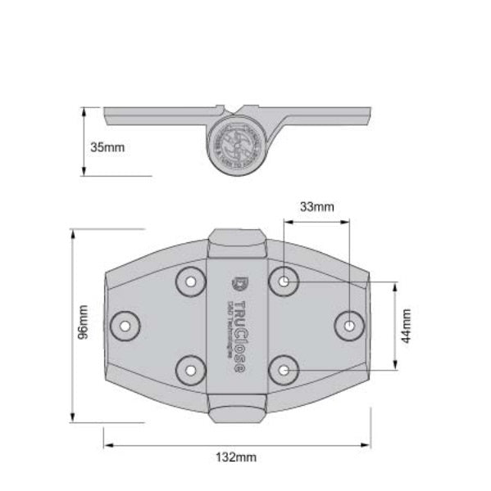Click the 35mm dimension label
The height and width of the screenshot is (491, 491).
(x=108, y=147)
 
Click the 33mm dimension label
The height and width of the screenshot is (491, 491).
(x=316, y=207)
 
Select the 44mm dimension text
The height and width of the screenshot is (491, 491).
(x=407, y=326)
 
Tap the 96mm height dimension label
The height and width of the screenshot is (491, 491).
(x=82, y=325)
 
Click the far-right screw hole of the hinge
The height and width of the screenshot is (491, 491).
(x=349, y=325)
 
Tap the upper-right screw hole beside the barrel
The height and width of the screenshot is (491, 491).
(x=284, y=282)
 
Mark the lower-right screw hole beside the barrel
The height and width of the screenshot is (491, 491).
(x=284, y=370)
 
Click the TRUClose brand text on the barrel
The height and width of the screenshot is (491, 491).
(x=238, y=336)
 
